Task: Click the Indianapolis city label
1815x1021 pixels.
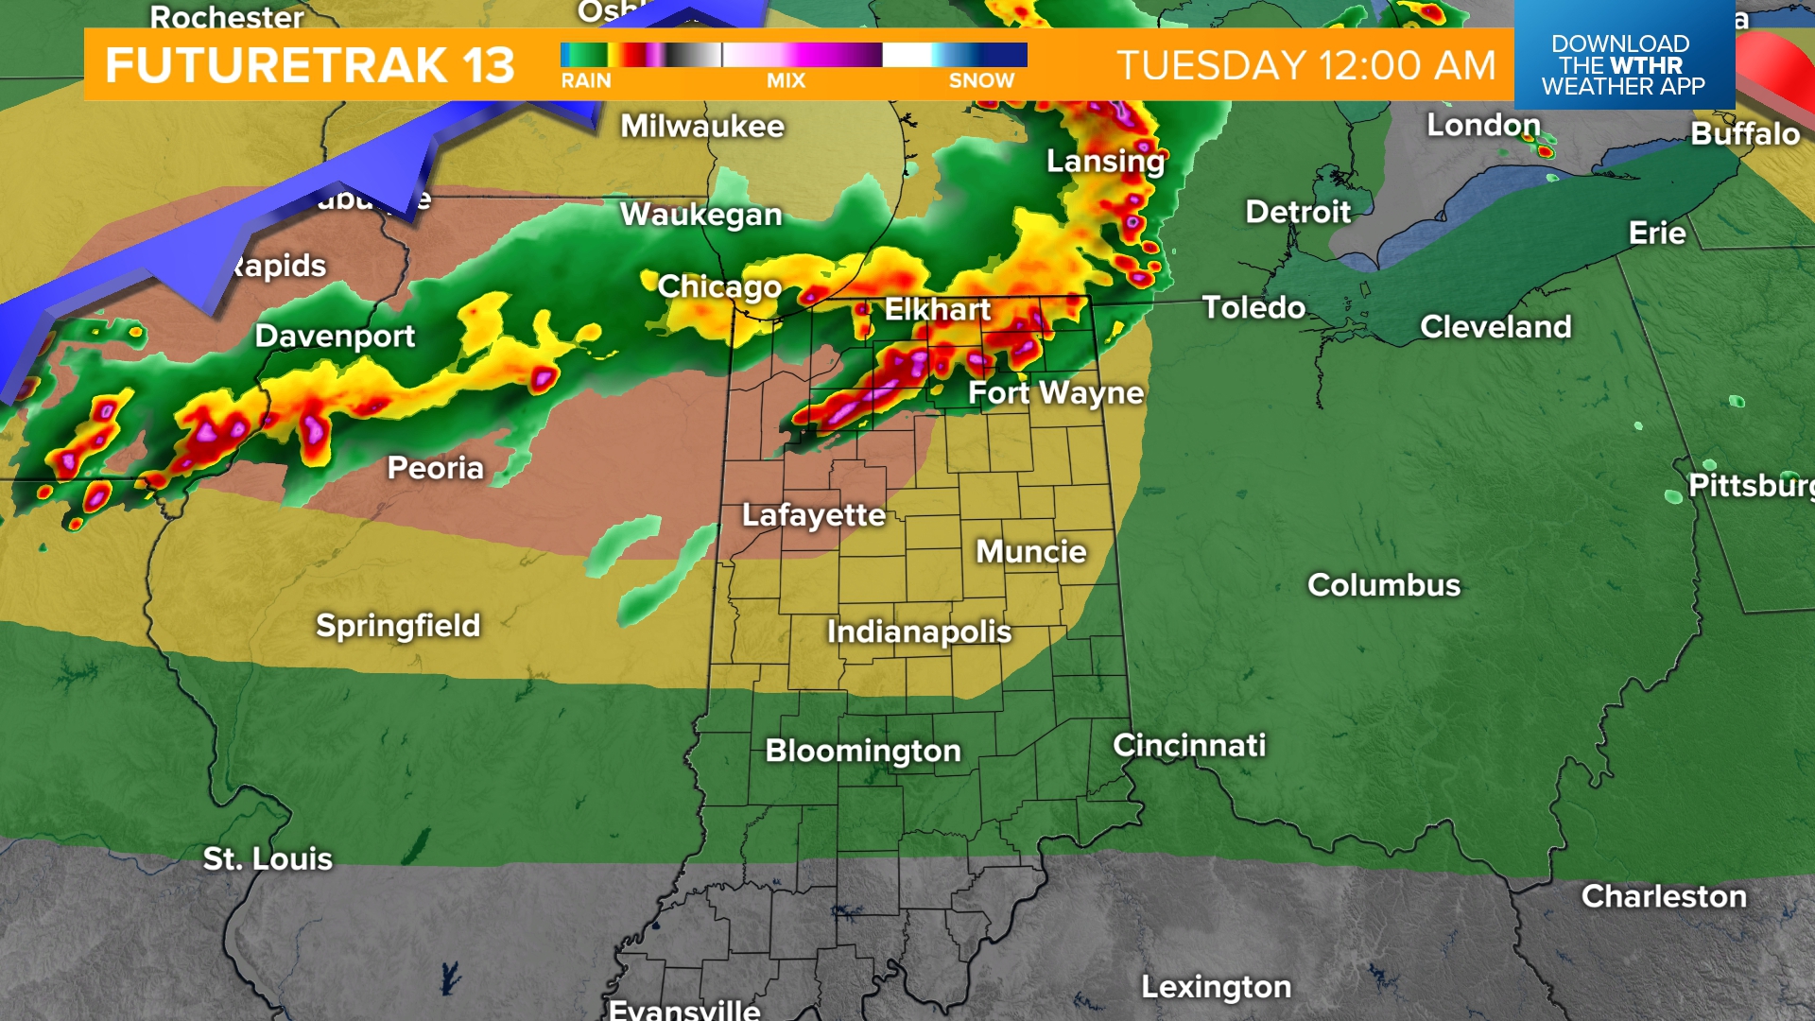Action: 919,632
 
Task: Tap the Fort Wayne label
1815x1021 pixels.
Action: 1056,392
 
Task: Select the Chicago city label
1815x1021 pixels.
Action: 719,286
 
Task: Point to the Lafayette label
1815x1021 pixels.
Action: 813,515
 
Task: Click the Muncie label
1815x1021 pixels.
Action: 1030,551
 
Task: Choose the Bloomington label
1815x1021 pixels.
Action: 862,751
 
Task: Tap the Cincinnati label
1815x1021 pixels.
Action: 1189,745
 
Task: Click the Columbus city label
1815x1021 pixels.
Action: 1383,585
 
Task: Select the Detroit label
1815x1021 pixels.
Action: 1297,212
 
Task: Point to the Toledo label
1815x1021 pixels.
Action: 1253,307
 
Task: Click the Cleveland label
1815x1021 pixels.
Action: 1495,327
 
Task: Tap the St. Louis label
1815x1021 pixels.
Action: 268,858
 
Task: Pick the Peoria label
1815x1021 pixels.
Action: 435,468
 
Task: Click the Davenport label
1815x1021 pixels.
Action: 335,336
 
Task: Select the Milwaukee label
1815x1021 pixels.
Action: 702,127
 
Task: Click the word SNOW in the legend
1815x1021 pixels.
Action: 981,81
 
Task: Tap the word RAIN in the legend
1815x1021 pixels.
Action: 586,81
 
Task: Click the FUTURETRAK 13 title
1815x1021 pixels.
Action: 310,65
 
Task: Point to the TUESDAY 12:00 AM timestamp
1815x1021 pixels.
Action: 1306,65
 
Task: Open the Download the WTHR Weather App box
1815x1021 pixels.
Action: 1623,64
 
